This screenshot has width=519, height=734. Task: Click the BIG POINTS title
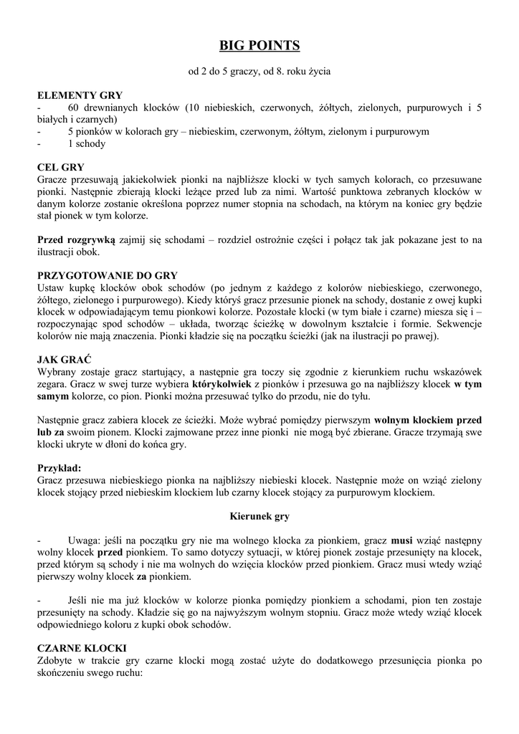pyautogui.click(x=259, y=47)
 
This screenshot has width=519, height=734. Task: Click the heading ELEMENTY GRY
pyautogui.click(x=80, y=95)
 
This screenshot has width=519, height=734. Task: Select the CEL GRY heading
pyautogui.click(x=61, y=167)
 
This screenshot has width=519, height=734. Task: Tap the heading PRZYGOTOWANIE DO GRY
pyautogui.click(x=107, y=276)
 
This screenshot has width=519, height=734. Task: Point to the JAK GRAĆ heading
pyautogui.click(x=64, y=359)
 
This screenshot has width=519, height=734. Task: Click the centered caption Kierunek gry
pyautogui.click(x=259, y=515)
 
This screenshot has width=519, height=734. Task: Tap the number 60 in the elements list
pyautogui.click(x=76, y=108)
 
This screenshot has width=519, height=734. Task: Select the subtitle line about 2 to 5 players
pyautogui.click(x=259, y=72)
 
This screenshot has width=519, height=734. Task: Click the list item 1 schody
pyautogui.click(x=87, y=144)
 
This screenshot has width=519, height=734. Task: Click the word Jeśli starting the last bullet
pyautogui.click(x=80, y=600)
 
